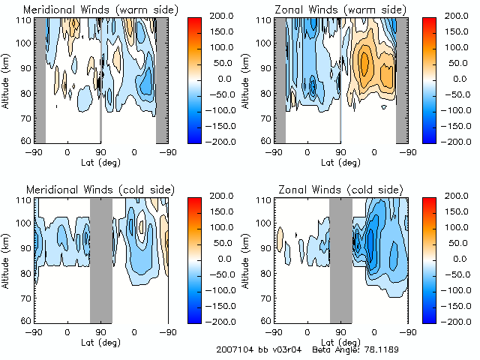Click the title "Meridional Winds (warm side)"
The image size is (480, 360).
click(91, 9)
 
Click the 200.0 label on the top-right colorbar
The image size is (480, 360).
click(457, 15)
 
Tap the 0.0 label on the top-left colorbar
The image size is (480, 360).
click(211, 78)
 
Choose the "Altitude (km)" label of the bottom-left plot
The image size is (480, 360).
click(8, 259)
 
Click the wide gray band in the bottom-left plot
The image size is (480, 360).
click(101, 259)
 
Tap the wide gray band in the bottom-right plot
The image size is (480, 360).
click(341, 259)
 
